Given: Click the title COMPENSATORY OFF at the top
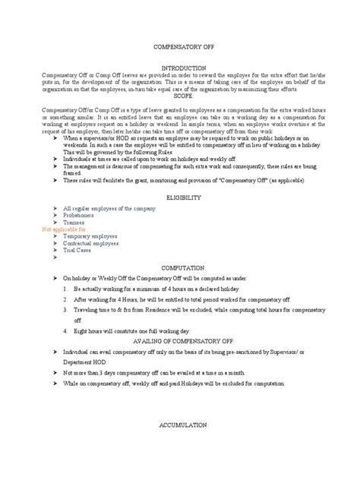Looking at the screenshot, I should point(180,46).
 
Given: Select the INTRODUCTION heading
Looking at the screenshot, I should point(180,68).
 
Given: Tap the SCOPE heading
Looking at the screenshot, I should point(180,97).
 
